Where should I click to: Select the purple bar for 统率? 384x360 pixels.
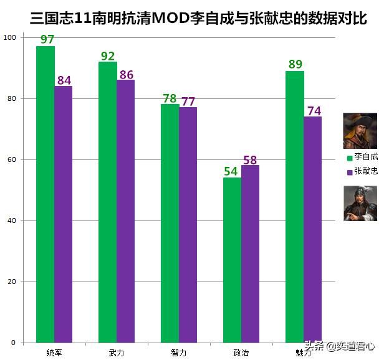[x=64, y=214]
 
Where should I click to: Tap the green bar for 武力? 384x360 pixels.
[x=108, y=202]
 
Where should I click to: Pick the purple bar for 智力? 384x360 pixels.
[x=188, y=225]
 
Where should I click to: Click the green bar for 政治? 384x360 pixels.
[x=233, y=260]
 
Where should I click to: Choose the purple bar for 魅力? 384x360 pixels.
[x=313, y=229]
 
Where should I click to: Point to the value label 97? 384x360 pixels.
[x=47, y=40]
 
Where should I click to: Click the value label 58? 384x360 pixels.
[x=250, y=160]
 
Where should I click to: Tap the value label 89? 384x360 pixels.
[x=295, y=64]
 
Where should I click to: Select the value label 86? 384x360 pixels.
[x=126, y=75]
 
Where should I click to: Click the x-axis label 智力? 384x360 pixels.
[x=179, y=353]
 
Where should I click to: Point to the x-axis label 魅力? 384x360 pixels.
[x=304, y=353]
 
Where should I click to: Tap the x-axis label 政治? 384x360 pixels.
[x=241, y=353]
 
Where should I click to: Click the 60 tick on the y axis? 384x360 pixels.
[x=11, y=159]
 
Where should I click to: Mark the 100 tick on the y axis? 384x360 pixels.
[x=9, y=37]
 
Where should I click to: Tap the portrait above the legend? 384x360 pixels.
[x=360, y=131]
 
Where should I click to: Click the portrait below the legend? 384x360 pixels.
[x=360, y=203]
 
